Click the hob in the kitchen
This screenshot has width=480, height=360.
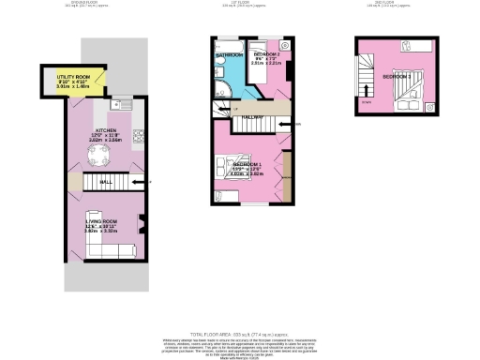click(137, 136)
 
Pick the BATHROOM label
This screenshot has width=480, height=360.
click(230, 55)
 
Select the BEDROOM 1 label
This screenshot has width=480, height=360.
click(247, 164)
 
